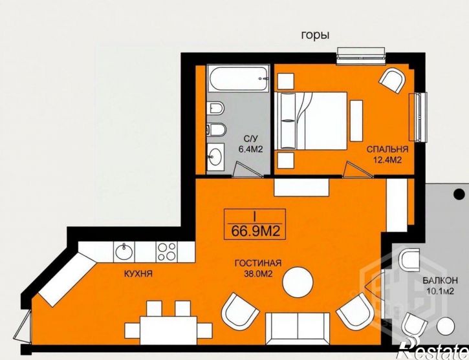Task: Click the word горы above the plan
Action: (x=315, y=36)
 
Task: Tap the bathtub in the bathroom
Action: (x=238, y=78)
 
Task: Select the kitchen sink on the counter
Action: (x=124, y=252)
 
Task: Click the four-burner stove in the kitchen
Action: (x=166, y=252)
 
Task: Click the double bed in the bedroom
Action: (x=311, y=121)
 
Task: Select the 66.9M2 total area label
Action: (x=256, y=231)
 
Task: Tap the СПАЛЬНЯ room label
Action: (x=387, y=149)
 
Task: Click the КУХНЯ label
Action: (x=138, y=273)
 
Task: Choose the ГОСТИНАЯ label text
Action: (x=258, y=263)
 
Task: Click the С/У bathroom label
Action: (x=250, y=138)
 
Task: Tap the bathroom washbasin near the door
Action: (x=215, y=156)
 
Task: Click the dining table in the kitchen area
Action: (x=168, y=330)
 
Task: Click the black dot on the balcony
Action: (x=459, y=194)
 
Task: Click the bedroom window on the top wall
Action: (x=361, y=56)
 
